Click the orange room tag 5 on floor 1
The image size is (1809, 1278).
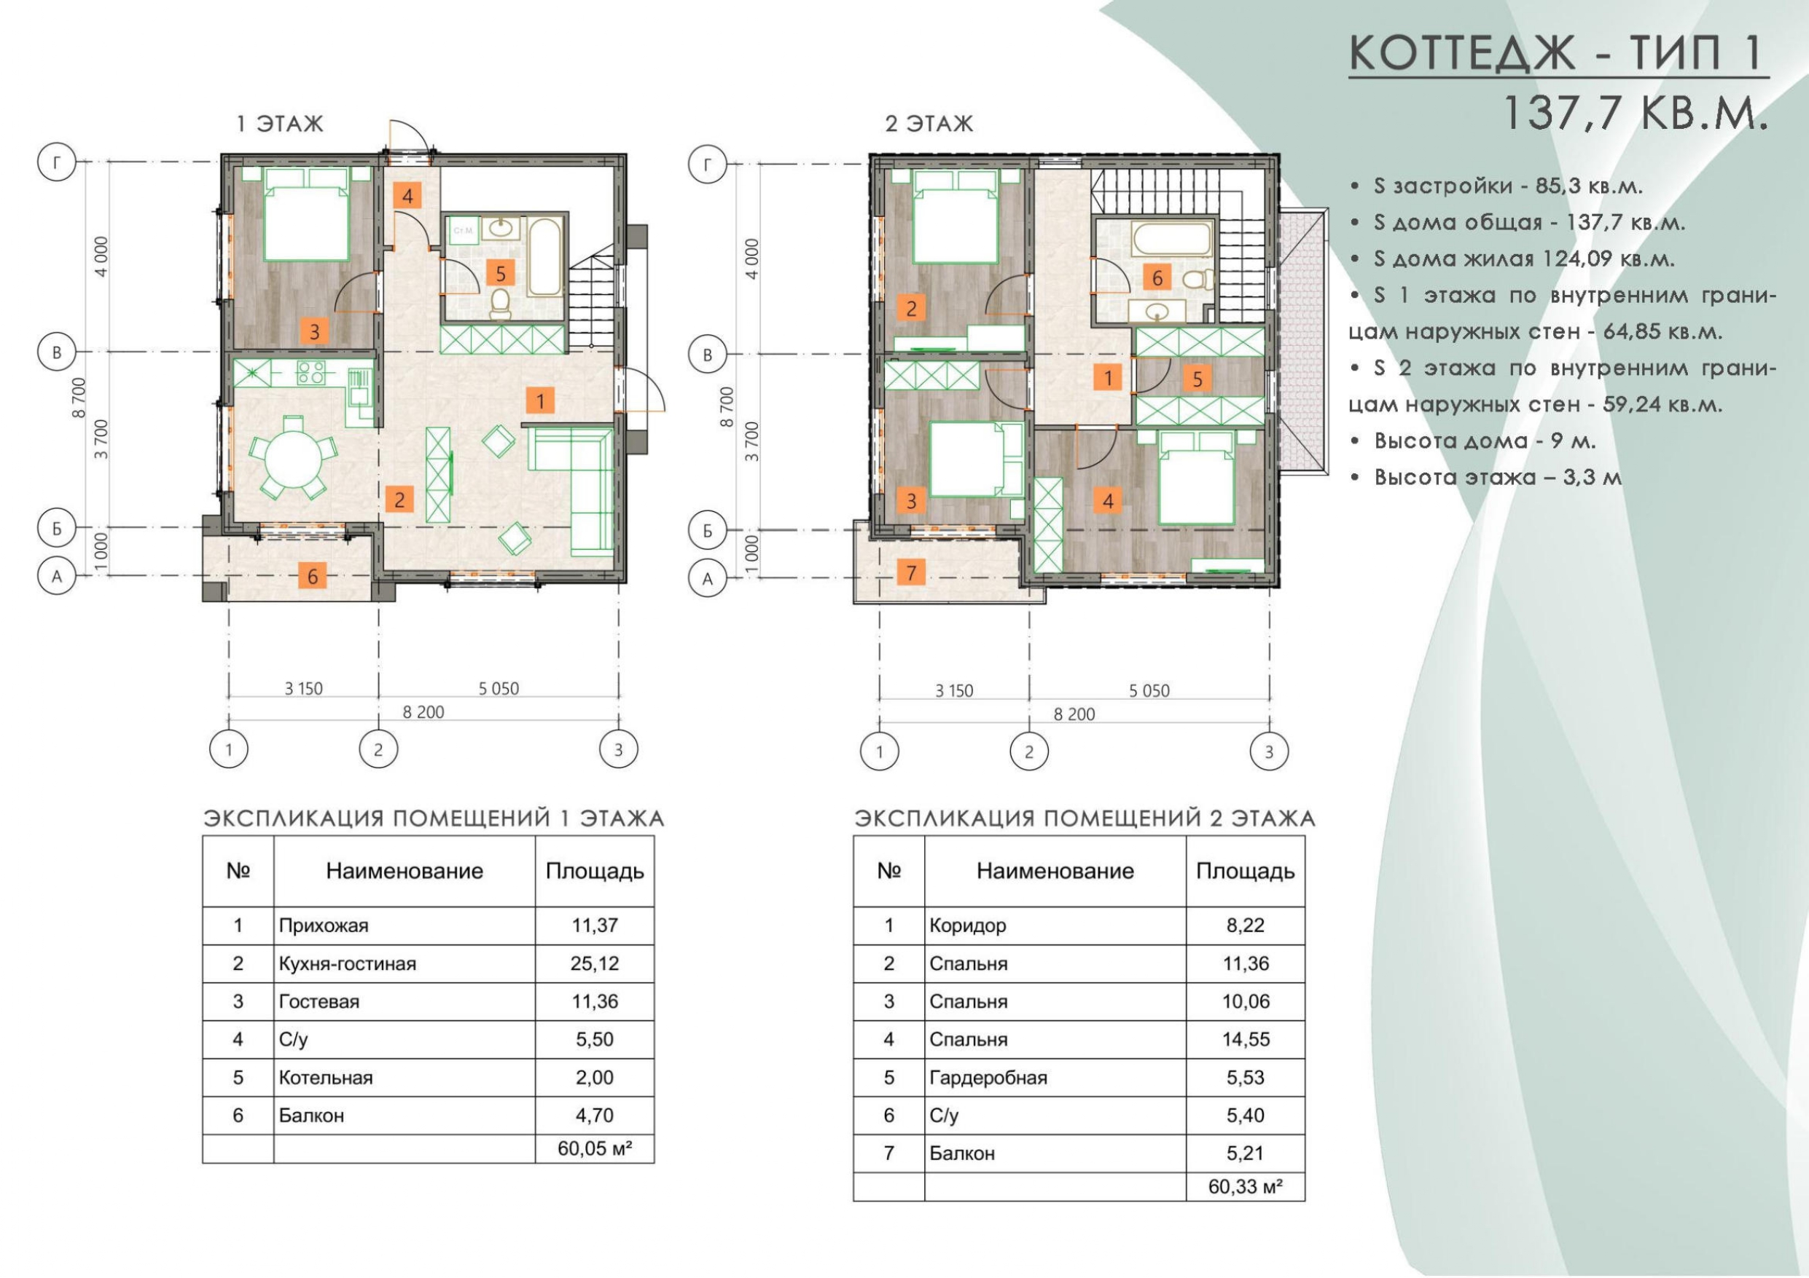coord(500,273)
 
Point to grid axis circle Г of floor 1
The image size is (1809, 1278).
coord(57,163)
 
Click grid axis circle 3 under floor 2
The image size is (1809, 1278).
coord(1268,752)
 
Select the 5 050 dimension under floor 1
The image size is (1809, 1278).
coord(499,688)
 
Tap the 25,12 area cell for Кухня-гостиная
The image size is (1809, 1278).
coord(595,963)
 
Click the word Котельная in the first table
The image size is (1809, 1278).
coord(325,1077)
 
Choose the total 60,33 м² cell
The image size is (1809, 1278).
coord(1245,1186)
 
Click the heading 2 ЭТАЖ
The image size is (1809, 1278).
coord(929,124)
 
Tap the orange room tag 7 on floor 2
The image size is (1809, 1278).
coord(912,572)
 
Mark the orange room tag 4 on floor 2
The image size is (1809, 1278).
coord(1108,500)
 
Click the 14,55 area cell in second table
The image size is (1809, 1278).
coord(1246,1039)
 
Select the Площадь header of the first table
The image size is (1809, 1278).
coord(595,871)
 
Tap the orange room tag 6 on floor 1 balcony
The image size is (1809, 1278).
coord(313,577)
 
